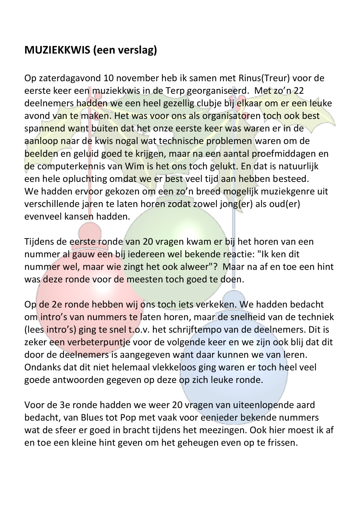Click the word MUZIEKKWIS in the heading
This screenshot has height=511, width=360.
pos(57,50)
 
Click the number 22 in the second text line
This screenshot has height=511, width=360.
pos(299,90)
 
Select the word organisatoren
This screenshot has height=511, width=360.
pos(231,116)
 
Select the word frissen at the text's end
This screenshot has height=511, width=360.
pos(279,443)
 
